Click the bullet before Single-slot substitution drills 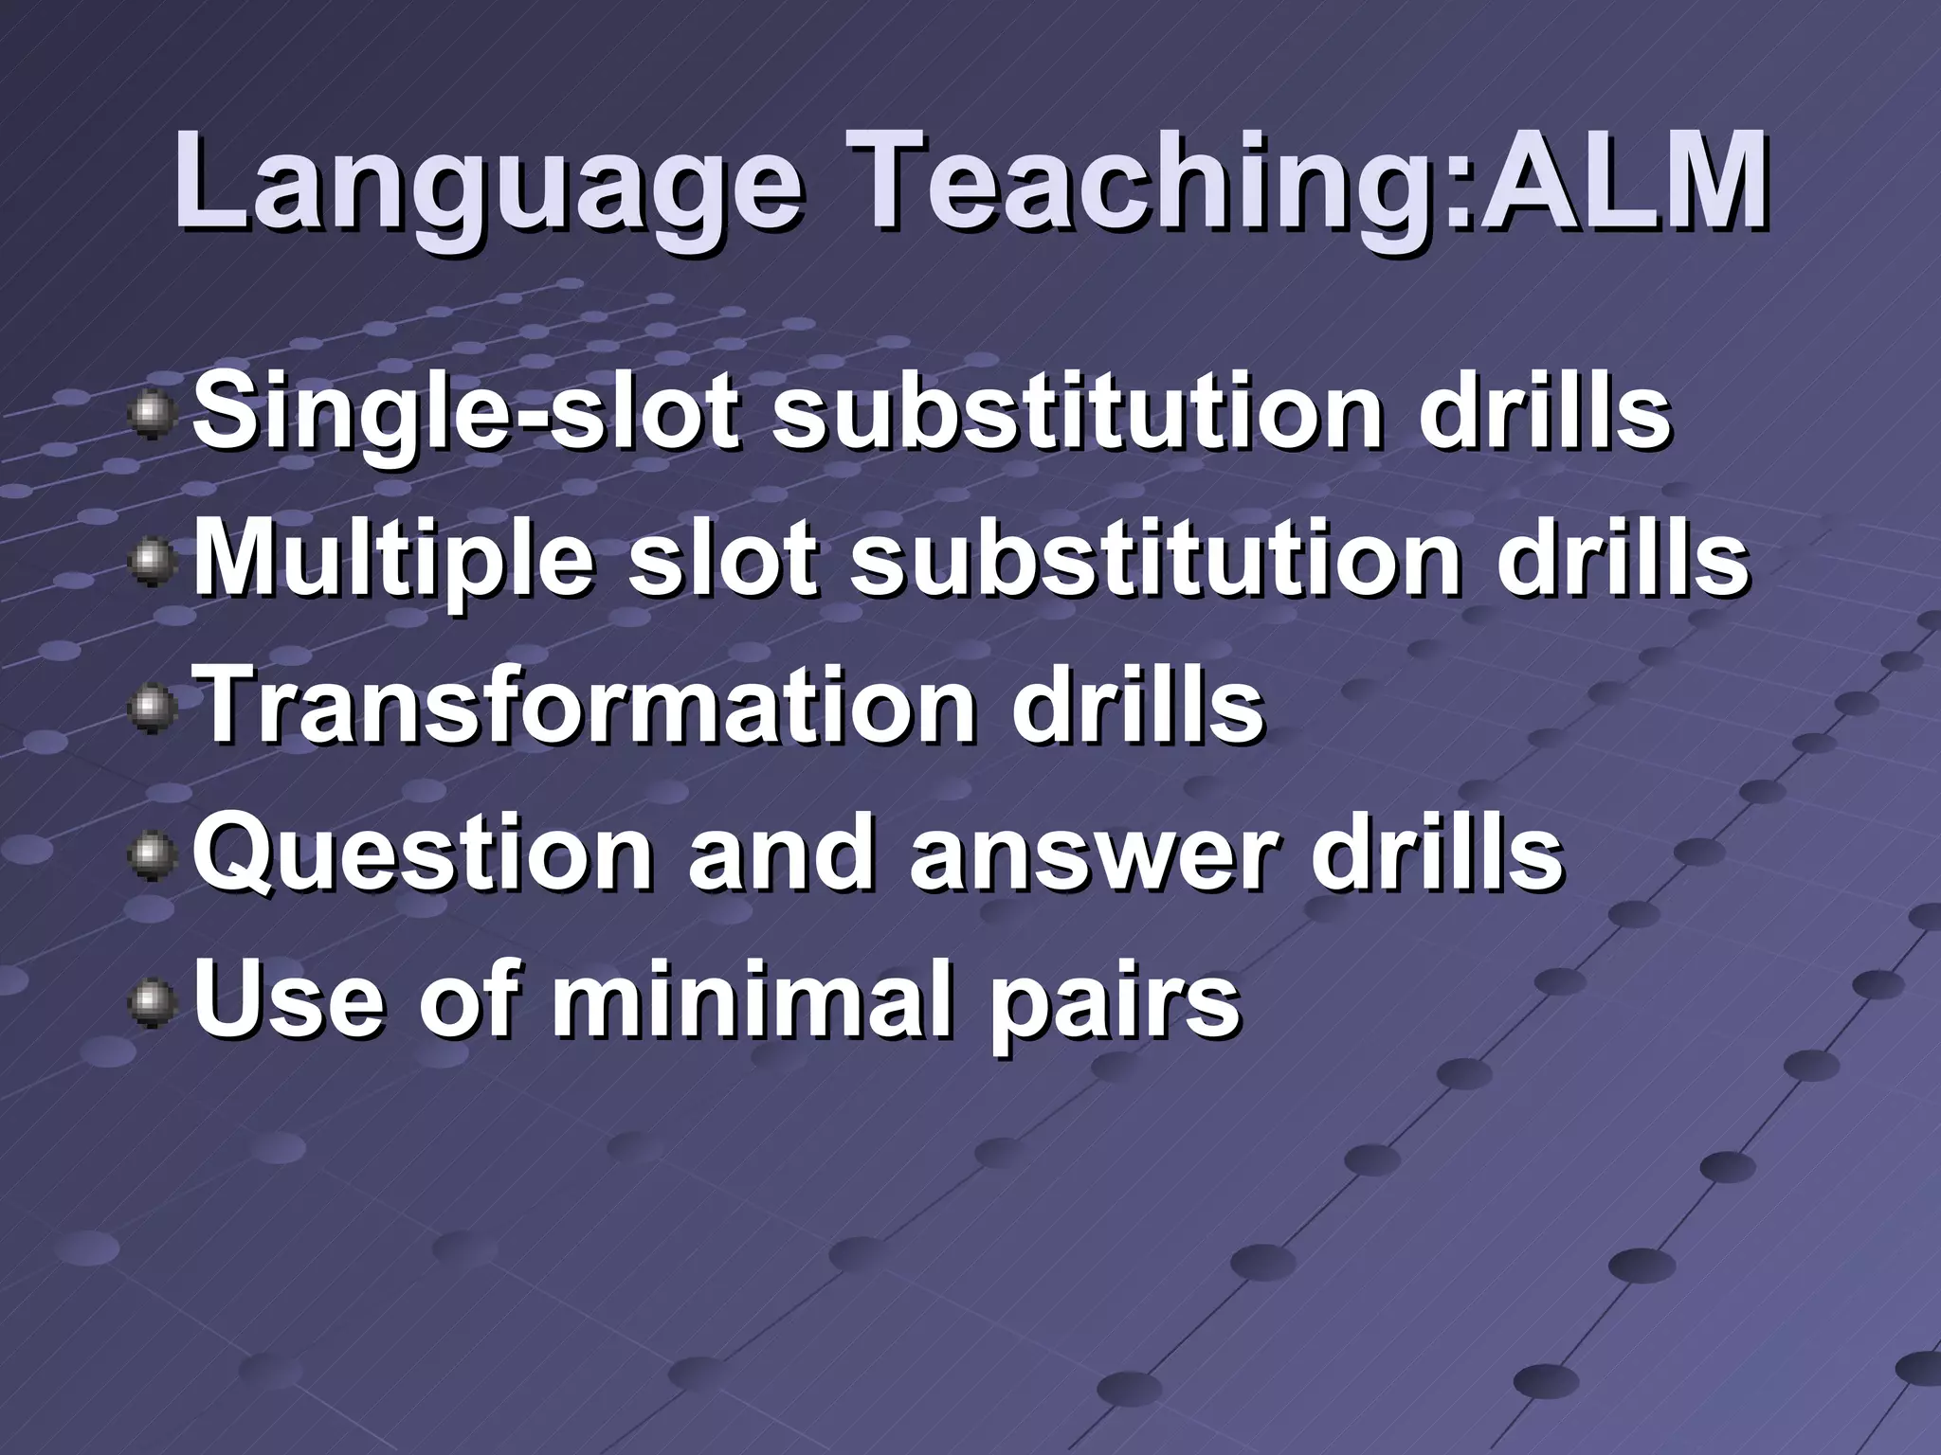point(152,417)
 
